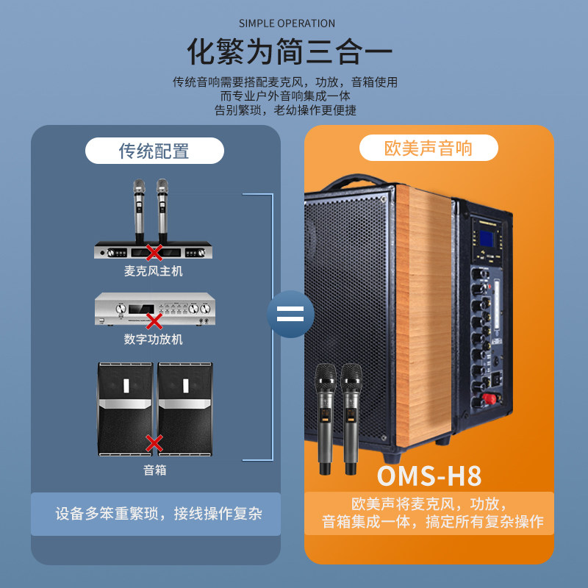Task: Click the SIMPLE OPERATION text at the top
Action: click(x=287, y=24)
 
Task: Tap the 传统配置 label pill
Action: click(x=154, y=151)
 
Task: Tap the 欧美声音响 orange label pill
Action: click(x=429, y=148)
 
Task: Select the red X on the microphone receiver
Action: click(x=154, y=253)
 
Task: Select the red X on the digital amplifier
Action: click(x=154, y=320)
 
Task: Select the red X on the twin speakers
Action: click(x=154, y=443)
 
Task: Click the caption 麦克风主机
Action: click(x=153, y=271)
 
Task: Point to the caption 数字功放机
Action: click(x=153, y=339)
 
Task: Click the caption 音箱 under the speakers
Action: click(x=154, y=470)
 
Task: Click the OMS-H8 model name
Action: click(x=429, y=476)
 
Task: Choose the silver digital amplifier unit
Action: click(x=154, y=309)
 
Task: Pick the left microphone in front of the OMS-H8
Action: click(x=324, y=419)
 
